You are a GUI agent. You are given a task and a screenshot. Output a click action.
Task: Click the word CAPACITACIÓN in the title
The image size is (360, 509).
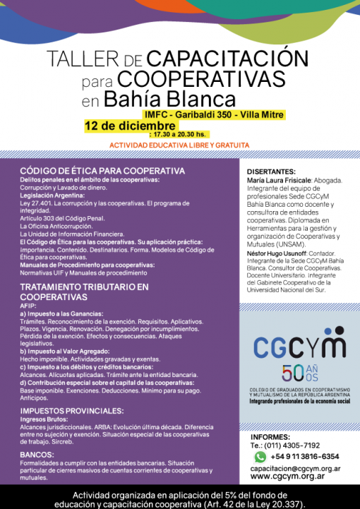218,58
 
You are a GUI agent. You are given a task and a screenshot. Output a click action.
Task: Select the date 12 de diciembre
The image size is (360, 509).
130,126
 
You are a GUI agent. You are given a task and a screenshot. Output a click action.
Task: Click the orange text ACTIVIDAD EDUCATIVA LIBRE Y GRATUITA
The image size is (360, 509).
179,145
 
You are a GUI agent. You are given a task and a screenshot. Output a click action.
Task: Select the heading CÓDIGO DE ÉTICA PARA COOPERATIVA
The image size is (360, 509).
102,171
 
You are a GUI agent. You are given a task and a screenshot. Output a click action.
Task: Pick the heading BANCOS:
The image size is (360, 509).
37,454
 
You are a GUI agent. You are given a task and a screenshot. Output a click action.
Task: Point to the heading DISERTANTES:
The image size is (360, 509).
272,172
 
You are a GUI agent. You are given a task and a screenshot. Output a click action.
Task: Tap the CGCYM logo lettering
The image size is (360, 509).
299,347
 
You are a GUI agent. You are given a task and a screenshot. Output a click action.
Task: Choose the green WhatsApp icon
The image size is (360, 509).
260,457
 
